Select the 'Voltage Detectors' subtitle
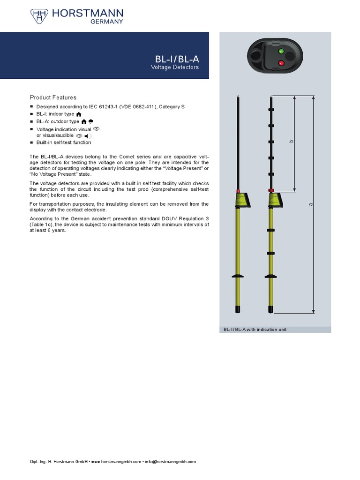pos(175,67)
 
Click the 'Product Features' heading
pos(53,97)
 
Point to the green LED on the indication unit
pos(281,51)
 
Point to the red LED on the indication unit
pos(281,63)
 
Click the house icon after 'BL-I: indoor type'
pos(79,114)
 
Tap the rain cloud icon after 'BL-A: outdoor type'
pos(91,121)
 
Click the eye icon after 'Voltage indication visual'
pos(97,128)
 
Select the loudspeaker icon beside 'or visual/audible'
pos(88,136)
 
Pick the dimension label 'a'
pos(310,204)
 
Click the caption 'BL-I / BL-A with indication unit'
pos(255,330)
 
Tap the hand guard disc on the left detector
pos(238,276)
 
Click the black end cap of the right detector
pos(271,309)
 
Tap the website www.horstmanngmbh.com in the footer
pos(116,462)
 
